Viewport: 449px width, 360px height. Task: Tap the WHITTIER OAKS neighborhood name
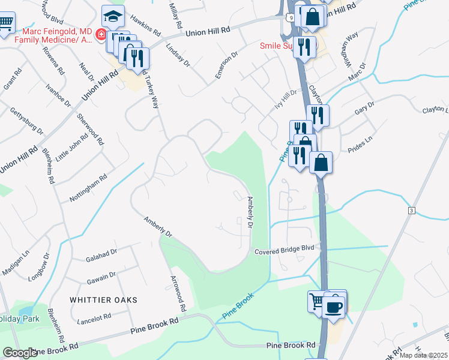click(x=103, y=299)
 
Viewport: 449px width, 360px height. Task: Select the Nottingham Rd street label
click(x=87, y=188)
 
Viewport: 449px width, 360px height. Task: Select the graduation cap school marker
click(x=112, y=16)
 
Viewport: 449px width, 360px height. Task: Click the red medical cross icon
click(x=101, y=35)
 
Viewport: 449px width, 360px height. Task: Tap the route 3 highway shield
click(x=411, y=211)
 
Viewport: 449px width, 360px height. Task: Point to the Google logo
click(x=20, y=352)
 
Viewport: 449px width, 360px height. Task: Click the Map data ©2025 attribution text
click(x=424, y=355)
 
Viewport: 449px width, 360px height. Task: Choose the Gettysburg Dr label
click(x=27, y=121)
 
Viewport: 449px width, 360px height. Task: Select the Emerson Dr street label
click(x=227, y=65)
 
